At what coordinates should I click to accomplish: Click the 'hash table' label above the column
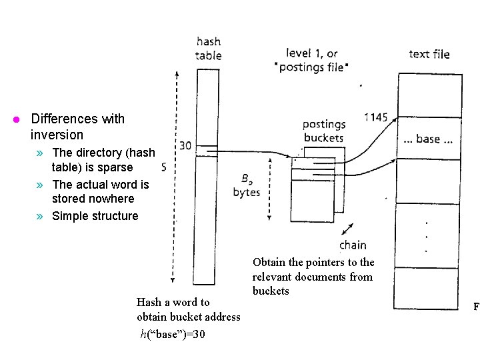pyautogui.click(x=209, y=49)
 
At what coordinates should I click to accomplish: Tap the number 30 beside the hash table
pyautogui.click(x=185, y=145)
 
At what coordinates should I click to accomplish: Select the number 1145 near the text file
pyautogui.click(x=375, y=117)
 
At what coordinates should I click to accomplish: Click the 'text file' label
pyautogui.click(x=429, y=54)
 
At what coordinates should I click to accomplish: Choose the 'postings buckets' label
pyautogui.click(x=323, y=131)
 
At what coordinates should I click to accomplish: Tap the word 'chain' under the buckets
pyautogui.click(x=353, y=245)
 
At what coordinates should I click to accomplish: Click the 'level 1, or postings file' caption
pyautogui.click(x=312, y=60)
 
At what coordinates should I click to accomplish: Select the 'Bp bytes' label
pyautogui.click(x=246, y=185)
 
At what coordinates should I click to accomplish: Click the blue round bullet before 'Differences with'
pyautogui.click(x=18, y=120)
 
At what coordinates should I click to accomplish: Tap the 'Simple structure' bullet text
pyautogui.click(x=95, y=216)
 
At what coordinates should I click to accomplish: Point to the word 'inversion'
pyautogui.click(x=57, y=135)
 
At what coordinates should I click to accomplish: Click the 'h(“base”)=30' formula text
pyautogui.click(x=173, y=334)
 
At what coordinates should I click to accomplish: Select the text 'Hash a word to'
pyautogui.click(x=173, y=302)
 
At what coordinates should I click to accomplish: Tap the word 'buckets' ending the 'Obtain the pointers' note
pyautogui.click(x=271, y=291)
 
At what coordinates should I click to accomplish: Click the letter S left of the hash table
pyautogui.click(x=164, y=166)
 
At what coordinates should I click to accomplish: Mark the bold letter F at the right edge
pyautogui.click(x=476, y=307)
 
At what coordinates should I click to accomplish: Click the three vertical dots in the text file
pyautogui.click(x=427, y=236)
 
